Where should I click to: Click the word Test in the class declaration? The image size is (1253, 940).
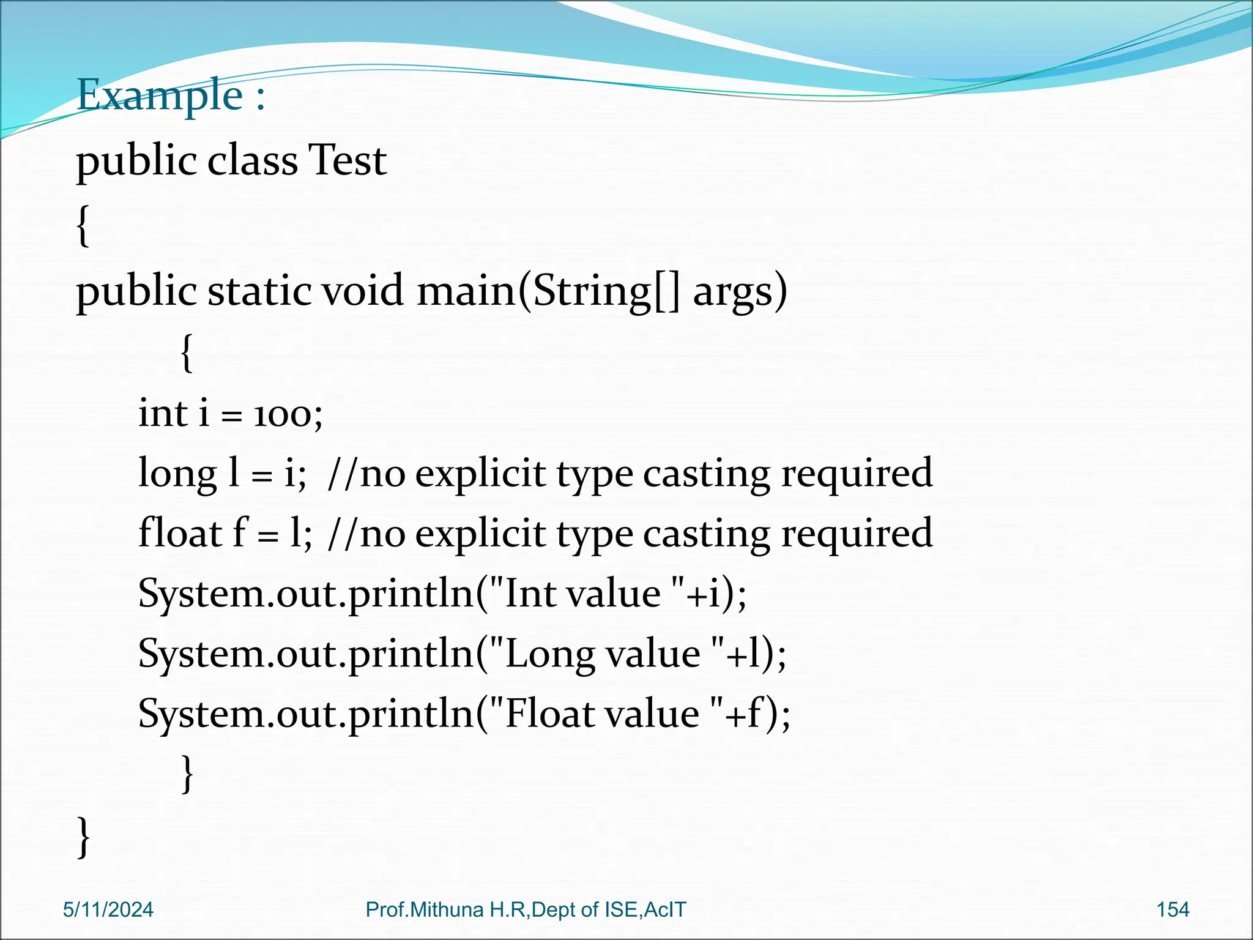point(347,160)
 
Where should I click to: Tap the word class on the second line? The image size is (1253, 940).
point(252,160)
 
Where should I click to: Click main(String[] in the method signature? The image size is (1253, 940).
point(548,291)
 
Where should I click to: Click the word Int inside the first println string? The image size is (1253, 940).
point(529,594)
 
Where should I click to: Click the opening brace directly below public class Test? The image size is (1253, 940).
point(83,225)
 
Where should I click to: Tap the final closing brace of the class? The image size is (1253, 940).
point(84,836)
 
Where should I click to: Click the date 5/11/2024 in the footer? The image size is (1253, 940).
point(108,910)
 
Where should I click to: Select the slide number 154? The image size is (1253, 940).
point(1172,910)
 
